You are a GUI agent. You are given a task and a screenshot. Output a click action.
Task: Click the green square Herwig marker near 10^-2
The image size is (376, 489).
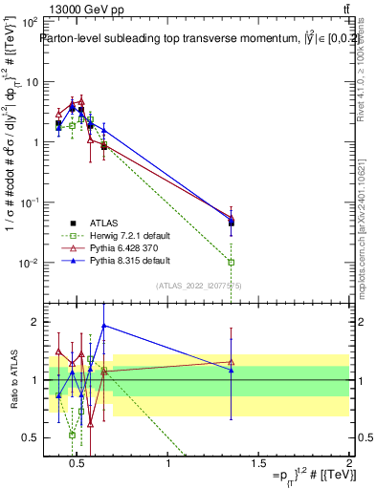point(232,262)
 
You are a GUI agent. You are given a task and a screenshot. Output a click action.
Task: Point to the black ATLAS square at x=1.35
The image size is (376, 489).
point(232,223)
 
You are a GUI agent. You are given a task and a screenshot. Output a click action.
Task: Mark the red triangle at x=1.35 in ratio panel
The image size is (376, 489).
point(232,362)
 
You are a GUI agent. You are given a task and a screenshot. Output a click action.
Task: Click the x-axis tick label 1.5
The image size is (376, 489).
point(258,462)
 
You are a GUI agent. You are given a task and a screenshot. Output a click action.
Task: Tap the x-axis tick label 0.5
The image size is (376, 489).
point(78,462)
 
